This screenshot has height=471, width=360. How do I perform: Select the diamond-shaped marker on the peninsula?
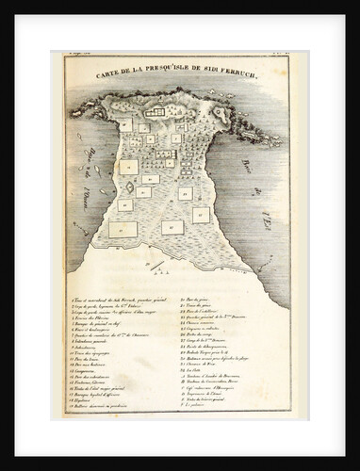click(x=129, y=187)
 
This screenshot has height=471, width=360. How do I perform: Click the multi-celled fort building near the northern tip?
click(x=154, y=112)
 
